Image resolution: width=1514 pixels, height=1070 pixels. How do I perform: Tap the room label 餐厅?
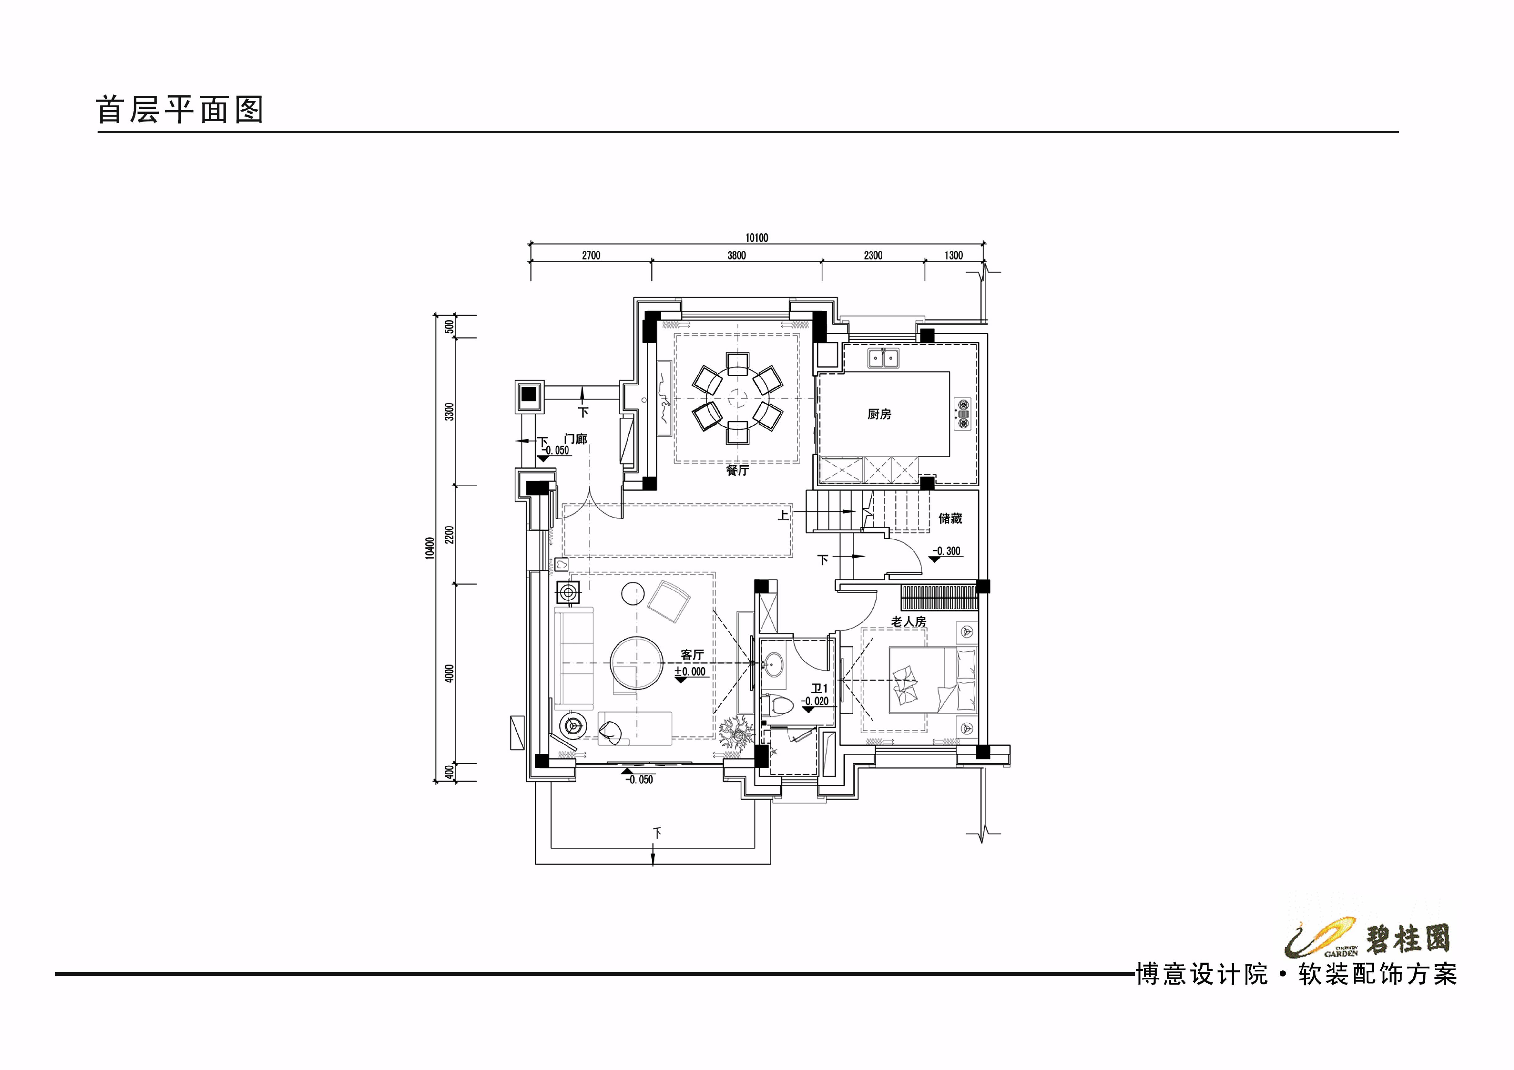click(x=737, y=470)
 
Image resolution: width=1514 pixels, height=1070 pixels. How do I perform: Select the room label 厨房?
click(x=879, y=414)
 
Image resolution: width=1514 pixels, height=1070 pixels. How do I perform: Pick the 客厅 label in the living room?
click(x=692, y=655)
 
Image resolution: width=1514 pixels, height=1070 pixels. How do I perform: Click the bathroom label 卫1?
click(x=819, y=688)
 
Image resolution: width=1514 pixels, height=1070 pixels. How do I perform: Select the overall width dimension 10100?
click(x=756, y=238)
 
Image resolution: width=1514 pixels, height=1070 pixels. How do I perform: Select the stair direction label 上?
click(x=783, y=515)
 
